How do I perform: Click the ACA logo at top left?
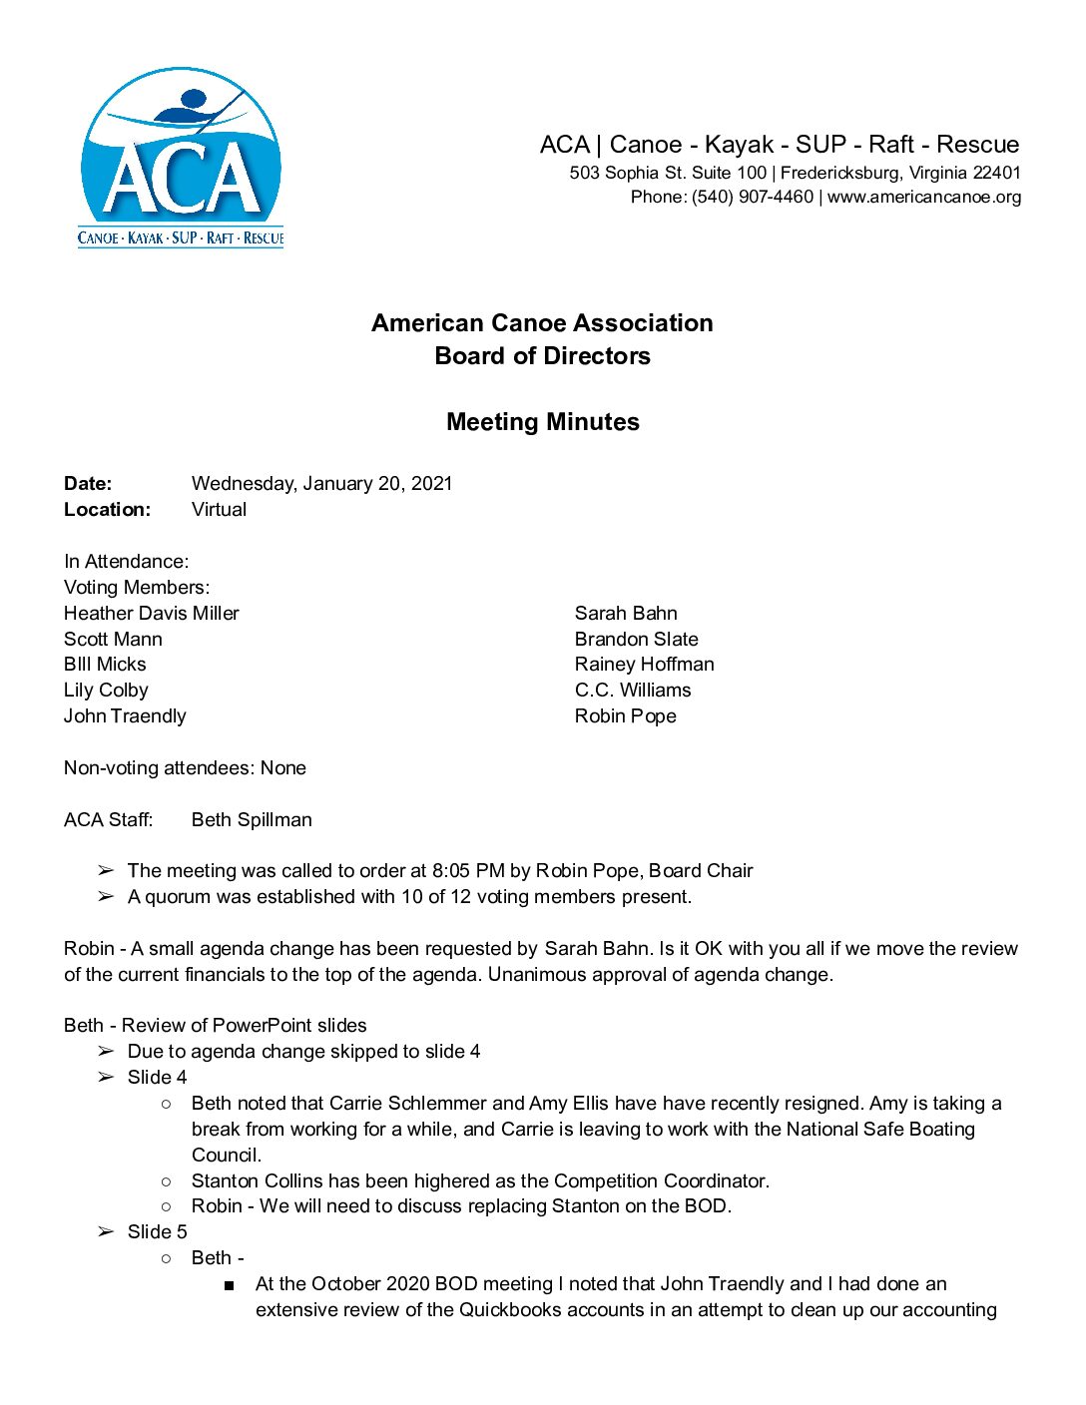click(181, 158)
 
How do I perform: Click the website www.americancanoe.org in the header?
click(924, 198)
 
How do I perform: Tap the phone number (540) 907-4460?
click(753, 198)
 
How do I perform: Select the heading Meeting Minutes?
click(542, 422)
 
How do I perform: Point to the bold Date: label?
click(88, 484)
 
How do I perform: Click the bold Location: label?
click(107, 510)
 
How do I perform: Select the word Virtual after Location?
click(219, 510)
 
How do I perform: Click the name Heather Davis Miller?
click(152, 614)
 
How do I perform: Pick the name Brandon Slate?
click(636, 640)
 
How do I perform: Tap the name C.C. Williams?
click(632, 691)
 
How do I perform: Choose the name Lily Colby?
click(106, 691)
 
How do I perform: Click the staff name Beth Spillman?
click(252, 820)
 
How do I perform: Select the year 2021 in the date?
click(431, 484)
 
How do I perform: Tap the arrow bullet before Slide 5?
click(106, 1232)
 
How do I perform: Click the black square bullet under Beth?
click(230, 1285)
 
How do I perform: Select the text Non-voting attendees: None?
click(185, 768)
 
